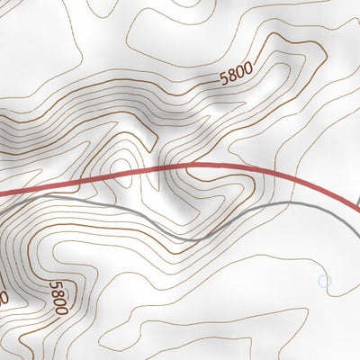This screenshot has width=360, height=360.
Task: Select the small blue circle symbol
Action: pos(325,282)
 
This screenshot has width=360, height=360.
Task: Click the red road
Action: pos(180,167)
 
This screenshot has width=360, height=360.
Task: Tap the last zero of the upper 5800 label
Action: pos(248,64)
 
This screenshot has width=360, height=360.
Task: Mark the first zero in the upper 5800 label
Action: pos(240,69)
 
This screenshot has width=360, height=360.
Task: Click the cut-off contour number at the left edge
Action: pos(4,296)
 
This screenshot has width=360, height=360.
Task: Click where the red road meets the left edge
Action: pos(2,191)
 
